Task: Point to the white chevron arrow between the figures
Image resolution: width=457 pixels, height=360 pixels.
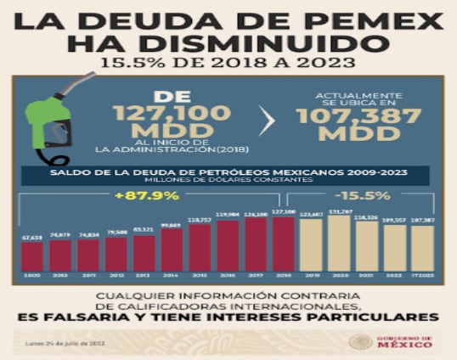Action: (x=266, y=121)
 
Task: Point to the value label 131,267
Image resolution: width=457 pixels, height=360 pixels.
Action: (x=340, y=211)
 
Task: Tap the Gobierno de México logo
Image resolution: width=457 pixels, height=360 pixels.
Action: (x=390, y=342)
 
